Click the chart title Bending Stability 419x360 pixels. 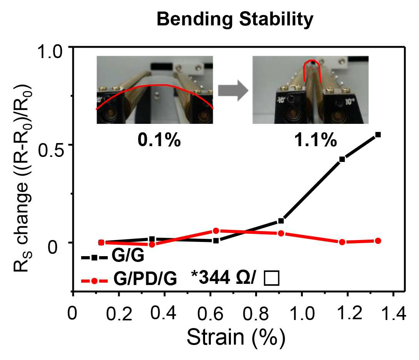click(235, 20)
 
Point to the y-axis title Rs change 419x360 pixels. click(23, 178)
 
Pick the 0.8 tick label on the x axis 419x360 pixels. click(255, 313)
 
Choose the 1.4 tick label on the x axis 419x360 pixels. click(393, 313)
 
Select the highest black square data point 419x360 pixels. click(378, 135)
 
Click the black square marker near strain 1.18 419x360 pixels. click(342, 160)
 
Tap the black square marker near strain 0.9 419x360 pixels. click(281, 221)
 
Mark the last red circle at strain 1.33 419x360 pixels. click(378, 241)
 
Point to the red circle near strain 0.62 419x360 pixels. click(216, 231)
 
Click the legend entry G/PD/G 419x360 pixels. click(129, 279)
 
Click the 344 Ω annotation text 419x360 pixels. click(224, 278)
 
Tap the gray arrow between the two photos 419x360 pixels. click(233, 91)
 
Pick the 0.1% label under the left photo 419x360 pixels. click(159, 140)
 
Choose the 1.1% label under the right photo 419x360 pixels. click(316, 140)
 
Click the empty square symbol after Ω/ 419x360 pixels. click(272, 278)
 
